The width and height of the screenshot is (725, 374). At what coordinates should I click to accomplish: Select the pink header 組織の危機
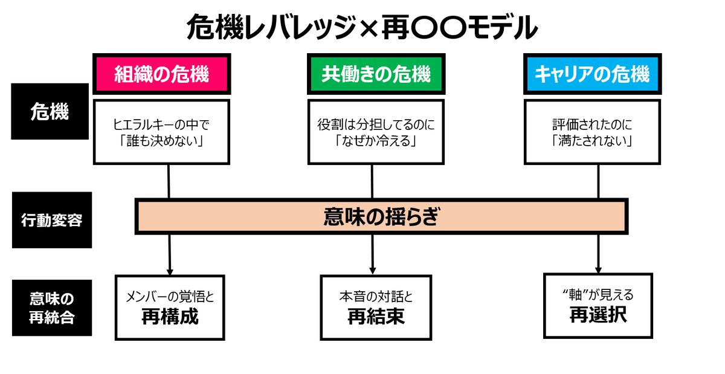[x=161, y=75]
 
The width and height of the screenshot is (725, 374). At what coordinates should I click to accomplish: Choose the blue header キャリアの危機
[x=591, y=75]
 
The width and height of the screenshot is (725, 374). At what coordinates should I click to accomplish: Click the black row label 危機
[x=50, y=112]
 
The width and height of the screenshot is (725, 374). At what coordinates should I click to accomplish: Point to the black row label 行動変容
[x=51, y=220]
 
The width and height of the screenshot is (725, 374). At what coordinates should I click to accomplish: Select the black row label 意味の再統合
[x=51, y=308]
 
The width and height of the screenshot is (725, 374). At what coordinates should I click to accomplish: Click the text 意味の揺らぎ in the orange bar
[x=380, y=216]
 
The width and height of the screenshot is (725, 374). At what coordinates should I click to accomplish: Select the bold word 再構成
[x=170, y=317]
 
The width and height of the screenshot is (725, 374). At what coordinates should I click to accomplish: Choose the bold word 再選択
[x=598, y=315]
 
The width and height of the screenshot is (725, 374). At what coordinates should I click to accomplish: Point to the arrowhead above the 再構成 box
[x=170, y=270]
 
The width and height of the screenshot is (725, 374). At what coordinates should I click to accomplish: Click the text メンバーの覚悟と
[x=170, y=297]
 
